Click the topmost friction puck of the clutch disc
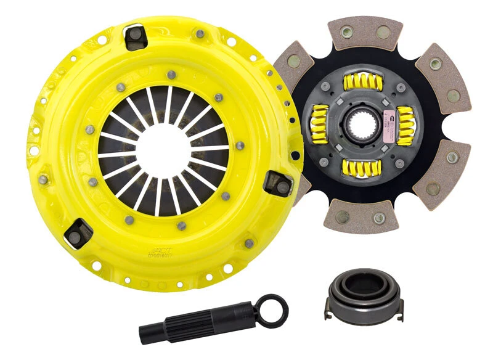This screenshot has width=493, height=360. (x=365, y=31)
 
